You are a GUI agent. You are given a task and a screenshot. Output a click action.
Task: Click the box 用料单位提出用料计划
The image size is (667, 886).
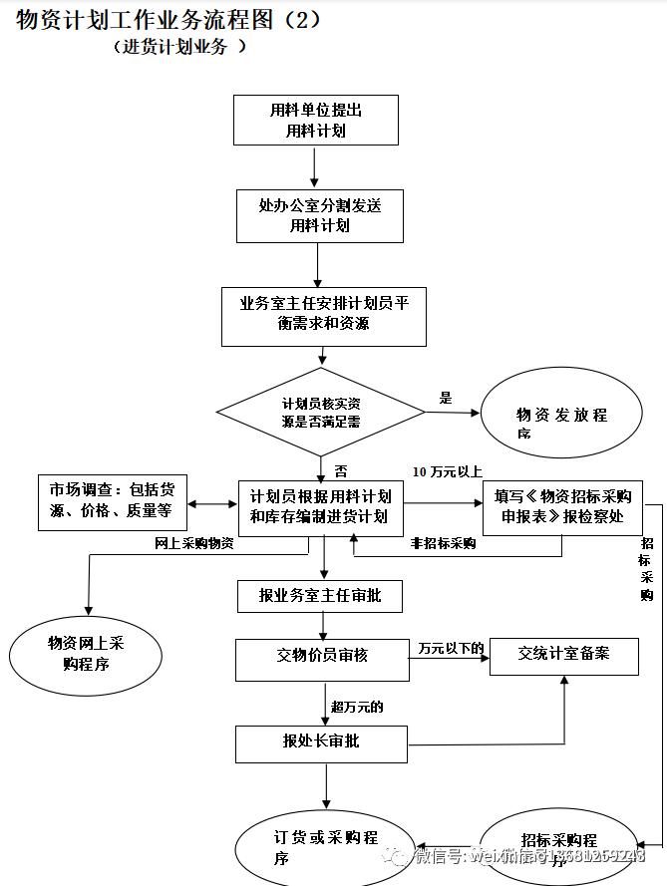tap(315, 120)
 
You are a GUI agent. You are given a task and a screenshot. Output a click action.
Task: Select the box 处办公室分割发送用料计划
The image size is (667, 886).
tap(319, 215)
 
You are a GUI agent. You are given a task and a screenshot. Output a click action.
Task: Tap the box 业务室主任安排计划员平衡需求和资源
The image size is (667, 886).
tap(323, 315)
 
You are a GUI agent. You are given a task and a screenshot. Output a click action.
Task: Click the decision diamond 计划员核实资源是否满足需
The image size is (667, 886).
tap(321, 413)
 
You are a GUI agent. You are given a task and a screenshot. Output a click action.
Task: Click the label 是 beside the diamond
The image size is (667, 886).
tap(445, 398)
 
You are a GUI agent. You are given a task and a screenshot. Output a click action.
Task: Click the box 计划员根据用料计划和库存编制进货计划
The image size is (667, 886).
tap(320, 507)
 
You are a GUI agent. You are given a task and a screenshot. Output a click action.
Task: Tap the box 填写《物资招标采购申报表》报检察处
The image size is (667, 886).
tap(562, 506)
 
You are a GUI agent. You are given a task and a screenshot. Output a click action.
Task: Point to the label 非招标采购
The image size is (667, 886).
tap(443, 544)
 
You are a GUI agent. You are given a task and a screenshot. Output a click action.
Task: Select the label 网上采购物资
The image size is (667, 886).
tap(194, 544)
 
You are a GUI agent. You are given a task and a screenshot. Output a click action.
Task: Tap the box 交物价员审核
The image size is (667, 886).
tap(322, 656)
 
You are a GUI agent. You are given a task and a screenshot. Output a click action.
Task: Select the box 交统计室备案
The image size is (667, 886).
tap(563, 655)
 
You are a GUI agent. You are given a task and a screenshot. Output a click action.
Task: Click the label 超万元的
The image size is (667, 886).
tap(357, 707)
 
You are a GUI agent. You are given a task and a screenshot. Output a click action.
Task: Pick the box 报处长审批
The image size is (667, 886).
tap(321, 742)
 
